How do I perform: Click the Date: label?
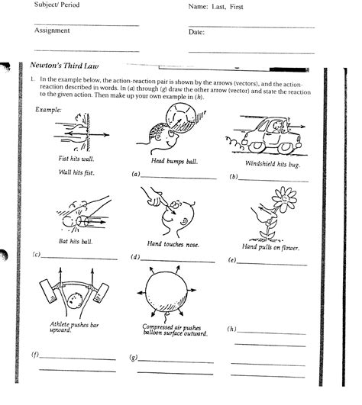click(197, 32)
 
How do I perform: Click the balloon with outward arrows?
click(161, 294)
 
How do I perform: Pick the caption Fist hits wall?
click(73, 159)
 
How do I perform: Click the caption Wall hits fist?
click(73, 172)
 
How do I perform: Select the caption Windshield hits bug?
click(270, 164)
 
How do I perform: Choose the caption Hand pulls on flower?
click(270, 248)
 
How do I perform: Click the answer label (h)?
click(232, 329)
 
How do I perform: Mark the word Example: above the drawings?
click(49, 109)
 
